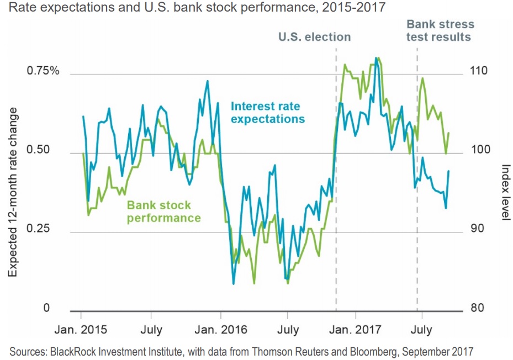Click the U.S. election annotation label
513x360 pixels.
coord(314,37)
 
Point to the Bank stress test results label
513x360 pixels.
coord(440,30)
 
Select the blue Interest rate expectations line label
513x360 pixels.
coord(267,112)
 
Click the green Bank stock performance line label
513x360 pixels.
coord(164,211)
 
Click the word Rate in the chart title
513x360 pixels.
coord(22,8)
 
